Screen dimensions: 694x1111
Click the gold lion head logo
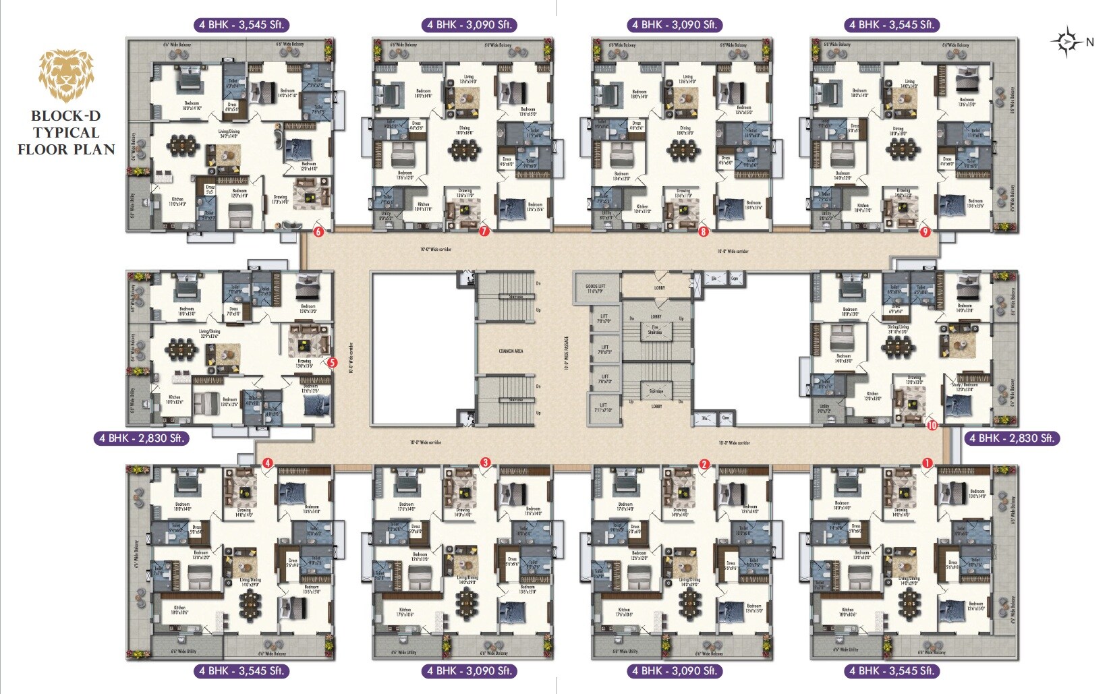tap(66, 75)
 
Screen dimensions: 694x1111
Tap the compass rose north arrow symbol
tap(1066, 42)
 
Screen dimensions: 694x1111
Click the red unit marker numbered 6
tap(318, 232)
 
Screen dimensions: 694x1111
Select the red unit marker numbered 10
tap(932, 425)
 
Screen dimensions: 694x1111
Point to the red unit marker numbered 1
tap(927, 463)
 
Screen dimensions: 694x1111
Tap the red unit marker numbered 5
tap(332, 362)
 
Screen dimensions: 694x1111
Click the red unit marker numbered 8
tap(704, 231)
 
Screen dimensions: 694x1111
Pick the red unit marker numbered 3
tap(485, 463)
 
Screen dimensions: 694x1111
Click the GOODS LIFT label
tap(596, 289)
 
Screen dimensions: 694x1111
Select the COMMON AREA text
tap(511, 351)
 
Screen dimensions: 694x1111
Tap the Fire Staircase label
tap(655, 330)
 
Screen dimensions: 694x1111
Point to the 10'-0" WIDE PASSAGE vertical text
tap(566, 354)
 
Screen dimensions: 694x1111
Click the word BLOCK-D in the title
tap(65, 115)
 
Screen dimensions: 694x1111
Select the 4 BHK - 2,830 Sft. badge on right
tap(1011, 438)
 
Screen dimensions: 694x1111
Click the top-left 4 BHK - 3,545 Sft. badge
tap(241, 25)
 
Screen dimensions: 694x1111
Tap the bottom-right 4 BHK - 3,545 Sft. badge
tap(892, 671)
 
